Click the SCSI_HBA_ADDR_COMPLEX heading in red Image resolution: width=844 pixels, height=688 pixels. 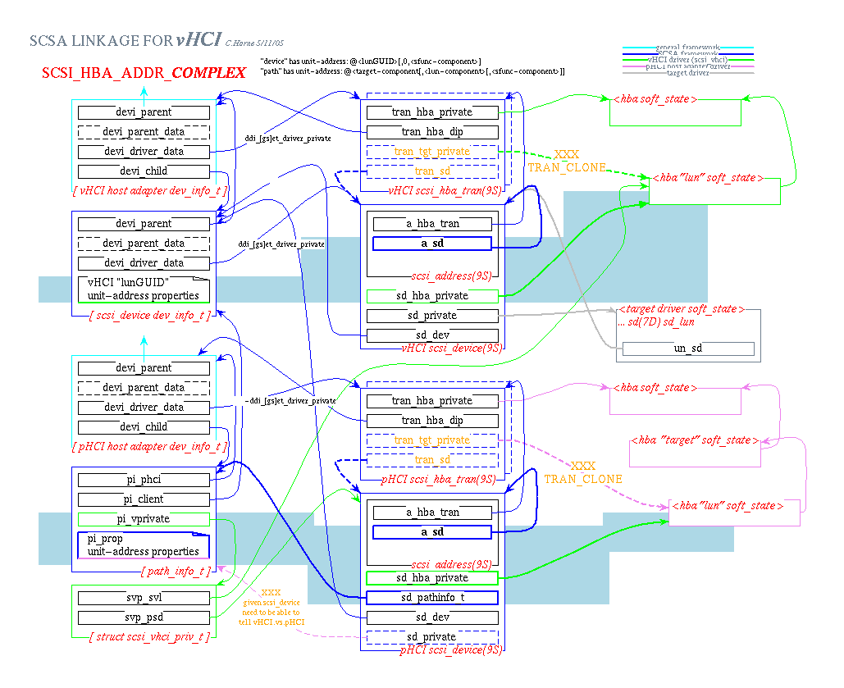[x=144, y=74]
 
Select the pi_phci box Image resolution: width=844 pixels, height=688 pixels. [x=144, y=480]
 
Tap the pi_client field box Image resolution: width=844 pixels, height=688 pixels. [x=144, y=499]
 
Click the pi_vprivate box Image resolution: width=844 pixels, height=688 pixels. [x=144, y=519]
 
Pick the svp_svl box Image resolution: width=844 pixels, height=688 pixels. [x=144, y=598]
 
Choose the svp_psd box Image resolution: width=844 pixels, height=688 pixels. [x=144, y=617]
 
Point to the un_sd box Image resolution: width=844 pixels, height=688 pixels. [x=687, y=349]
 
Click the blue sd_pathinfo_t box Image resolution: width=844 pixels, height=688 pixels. [x=431, y=598]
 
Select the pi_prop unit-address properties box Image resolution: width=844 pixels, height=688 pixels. [x=144, y=545]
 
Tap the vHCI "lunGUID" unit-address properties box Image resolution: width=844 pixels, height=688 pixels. [x=144, y=289]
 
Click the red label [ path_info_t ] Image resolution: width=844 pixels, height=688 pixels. [x=177, y=571]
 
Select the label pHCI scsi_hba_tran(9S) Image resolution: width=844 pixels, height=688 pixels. [x=439, y=479]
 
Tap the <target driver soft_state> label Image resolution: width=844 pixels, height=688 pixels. [x=682, y=309]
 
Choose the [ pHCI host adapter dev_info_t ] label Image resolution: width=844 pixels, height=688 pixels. [x=153, y=446]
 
